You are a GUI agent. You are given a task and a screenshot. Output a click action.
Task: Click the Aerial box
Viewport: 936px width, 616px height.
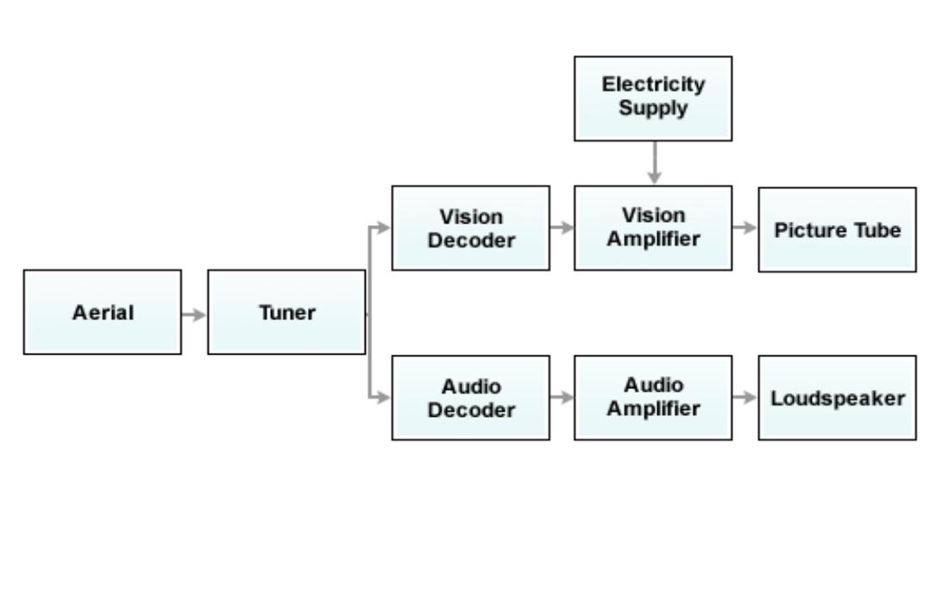[103, 312]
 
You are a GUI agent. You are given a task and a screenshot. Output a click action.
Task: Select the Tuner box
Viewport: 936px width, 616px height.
[286, 312]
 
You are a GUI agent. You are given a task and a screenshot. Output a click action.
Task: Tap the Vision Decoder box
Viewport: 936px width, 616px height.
[470, 228]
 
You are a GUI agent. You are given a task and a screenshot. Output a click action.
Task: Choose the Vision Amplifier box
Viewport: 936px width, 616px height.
[653, 228]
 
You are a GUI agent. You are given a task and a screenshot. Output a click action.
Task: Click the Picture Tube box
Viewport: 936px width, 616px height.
[837, 230]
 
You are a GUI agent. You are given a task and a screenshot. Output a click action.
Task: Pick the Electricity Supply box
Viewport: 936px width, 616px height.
[653, 97]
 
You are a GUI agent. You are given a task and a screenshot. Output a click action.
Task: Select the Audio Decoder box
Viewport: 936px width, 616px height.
[470, 398]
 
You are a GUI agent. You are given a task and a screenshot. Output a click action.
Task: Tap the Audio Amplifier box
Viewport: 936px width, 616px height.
[653, 398]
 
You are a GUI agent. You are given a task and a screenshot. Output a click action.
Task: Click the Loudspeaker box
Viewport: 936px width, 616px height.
[837, 398]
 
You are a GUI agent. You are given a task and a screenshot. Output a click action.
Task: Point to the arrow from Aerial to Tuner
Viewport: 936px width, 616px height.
[194, 314]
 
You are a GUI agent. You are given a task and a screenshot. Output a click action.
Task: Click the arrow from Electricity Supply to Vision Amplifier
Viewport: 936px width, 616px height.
[655, 162]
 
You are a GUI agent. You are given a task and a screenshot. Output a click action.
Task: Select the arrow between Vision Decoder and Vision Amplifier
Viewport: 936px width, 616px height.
[562, 228]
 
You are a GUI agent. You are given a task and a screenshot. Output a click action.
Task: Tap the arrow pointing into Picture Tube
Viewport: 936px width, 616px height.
[744, 228]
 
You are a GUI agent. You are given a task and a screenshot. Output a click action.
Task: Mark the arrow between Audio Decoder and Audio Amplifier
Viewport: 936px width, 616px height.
[562, 398]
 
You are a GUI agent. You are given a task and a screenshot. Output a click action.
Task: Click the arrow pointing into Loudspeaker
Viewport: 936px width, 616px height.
[744, 398]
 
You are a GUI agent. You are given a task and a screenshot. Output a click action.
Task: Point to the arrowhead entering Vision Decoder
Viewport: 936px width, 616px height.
[384, 228]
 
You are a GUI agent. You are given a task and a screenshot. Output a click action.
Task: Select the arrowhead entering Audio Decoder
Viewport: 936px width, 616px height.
[384, 398]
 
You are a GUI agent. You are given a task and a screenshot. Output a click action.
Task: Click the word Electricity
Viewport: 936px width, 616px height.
[653, 85]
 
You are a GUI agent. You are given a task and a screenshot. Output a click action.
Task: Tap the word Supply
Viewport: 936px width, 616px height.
[653, 109]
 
